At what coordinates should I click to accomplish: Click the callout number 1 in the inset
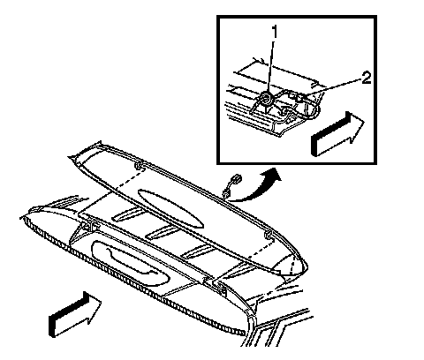pos(275,32)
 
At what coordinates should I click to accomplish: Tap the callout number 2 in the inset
pos(366,79)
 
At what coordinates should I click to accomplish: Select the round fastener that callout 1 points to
pos(267,99)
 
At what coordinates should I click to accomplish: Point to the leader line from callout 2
pos(333,86)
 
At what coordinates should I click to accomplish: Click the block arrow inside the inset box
pos(337,134)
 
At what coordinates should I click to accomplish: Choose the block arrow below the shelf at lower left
pos(75,314)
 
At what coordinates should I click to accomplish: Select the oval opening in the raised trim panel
pos(170,208)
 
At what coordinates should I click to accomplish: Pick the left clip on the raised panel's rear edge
pos(139,165)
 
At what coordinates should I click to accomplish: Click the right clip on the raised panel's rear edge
pos(269,235)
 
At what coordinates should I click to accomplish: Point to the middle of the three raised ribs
pos(161,232)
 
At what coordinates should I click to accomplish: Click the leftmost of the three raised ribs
pos(126,214)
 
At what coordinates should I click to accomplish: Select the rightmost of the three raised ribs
pos(198,251)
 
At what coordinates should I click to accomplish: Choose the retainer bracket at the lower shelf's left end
pos(88,225)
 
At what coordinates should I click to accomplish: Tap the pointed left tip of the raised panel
pos(69,157)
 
